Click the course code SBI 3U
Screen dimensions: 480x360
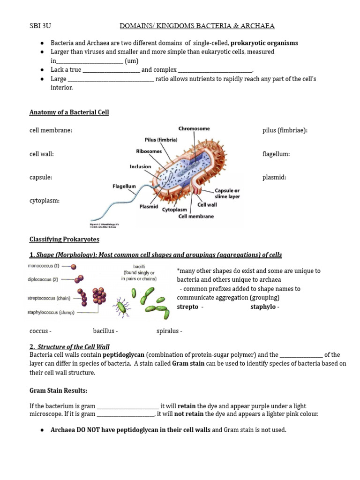tap(39, 26)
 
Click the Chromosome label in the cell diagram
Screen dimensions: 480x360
tap(194, 128)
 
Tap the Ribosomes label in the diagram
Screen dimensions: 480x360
tap(149, 151)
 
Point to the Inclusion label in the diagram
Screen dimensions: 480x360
tap(141, 166)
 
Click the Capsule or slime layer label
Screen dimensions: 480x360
tap(227, 194)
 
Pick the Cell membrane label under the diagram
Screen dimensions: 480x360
tap(196, 216)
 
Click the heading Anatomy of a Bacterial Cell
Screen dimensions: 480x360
tap(69, 112)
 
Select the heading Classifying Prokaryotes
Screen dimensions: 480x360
tap(64, 239)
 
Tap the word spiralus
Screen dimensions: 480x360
tap(167, 331)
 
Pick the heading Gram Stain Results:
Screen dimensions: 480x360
tap(59, 390)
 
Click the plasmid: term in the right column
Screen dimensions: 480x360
tap(274, 177)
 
